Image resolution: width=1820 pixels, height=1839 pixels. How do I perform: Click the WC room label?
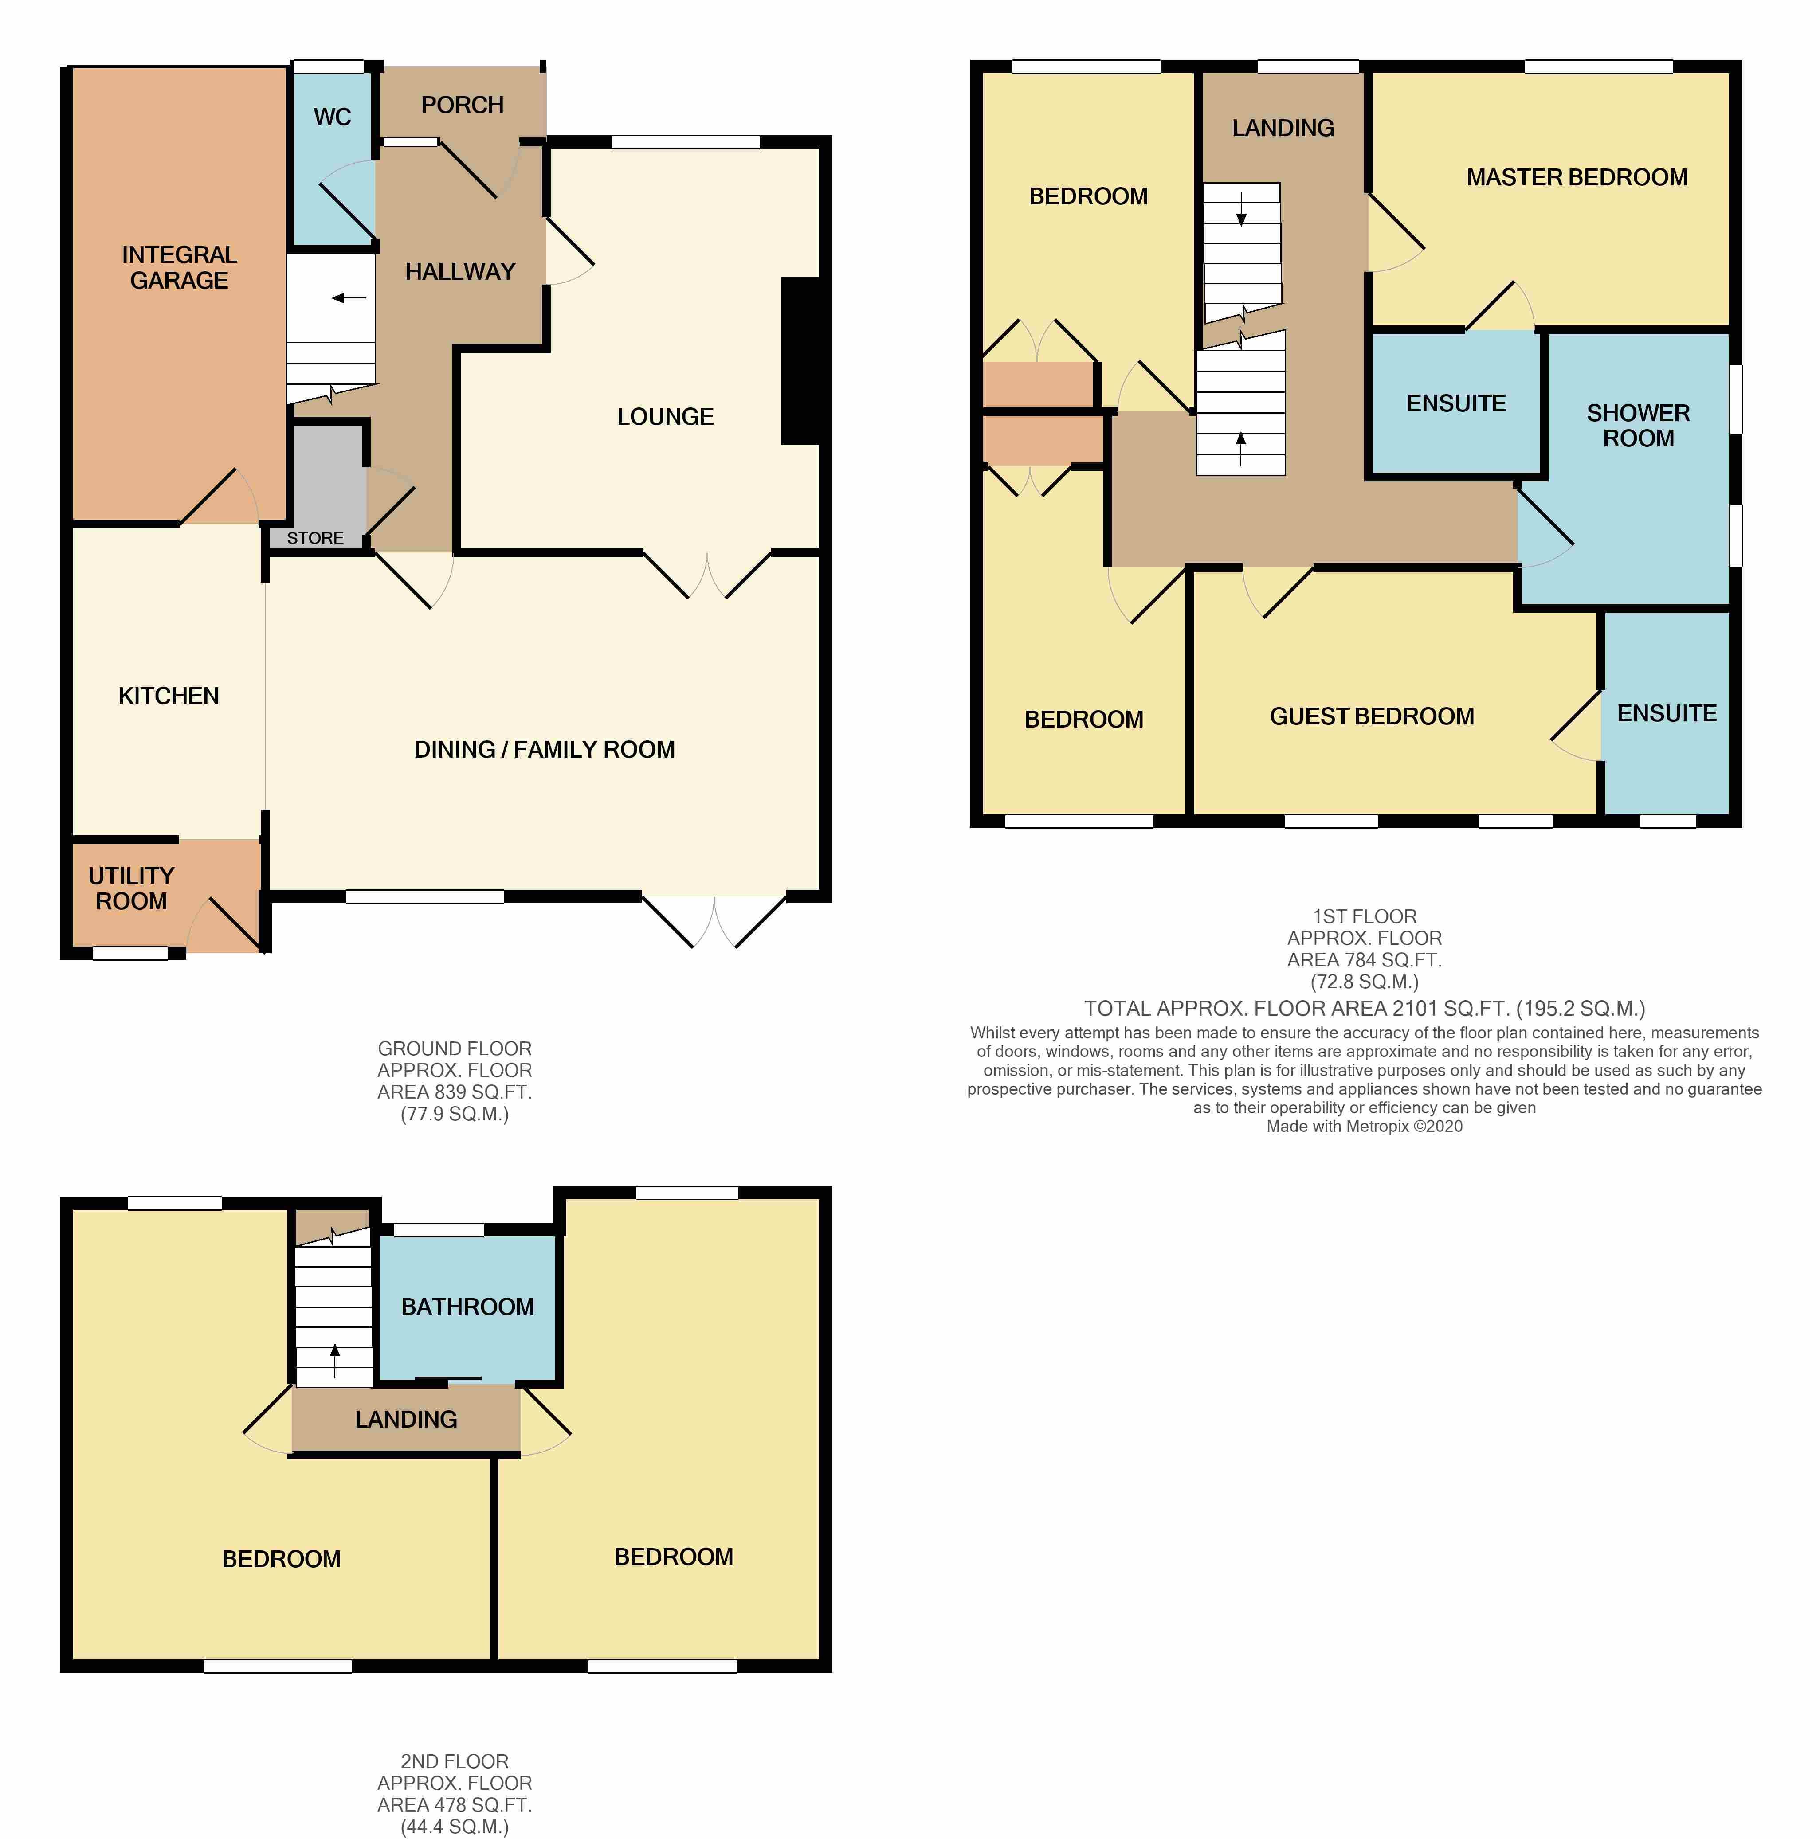[x=332, y=117]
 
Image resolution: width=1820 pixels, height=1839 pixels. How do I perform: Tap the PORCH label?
[x=463, y=105]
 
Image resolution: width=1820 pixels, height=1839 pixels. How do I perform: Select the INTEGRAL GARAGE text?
[x=179, y=267]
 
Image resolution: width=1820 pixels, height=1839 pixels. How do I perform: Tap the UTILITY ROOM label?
[x=131, y=888]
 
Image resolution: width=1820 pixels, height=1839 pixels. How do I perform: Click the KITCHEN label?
[x=169, y=696]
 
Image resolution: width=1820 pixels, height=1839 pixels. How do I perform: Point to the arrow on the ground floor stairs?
[x=349, y=298]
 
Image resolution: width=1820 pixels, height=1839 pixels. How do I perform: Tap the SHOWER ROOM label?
[x=1638, y=426]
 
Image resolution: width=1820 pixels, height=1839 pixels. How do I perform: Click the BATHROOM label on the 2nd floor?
[x=467, y=1307]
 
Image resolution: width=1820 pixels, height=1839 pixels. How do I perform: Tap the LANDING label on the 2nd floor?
[x=407, y=1419]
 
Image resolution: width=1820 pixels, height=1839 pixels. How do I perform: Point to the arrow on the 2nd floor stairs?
[x=334, y=1361]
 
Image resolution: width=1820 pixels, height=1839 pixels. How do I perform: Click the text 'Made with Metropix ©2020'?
[x=1364, y=1126]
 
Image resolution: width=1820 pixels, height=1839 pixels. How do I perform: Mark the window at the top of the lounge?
[x=685, y=143]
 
